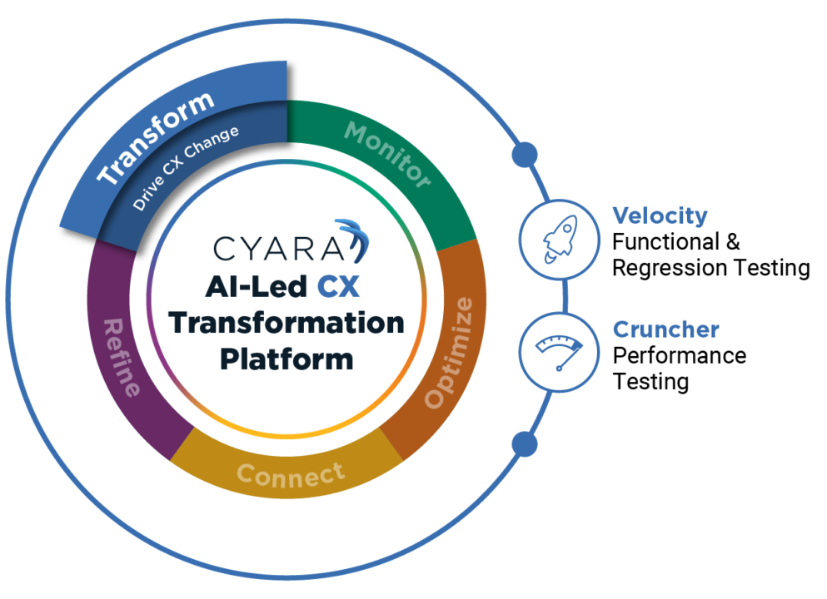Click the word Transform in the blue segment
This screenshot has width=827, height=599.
156,139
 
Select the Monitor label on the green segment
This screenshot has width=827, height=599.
387,154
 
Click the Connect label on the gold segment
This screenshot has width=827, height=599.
290,474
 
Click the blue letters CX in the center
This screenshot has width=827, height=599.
338,287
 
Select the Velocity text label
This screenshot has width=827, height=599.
660,216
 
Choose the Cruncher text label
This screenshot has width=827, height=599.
665,329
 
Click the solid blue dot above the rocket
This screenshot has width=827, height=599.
524,154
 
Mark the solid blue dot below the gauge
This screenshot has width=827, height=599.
524,443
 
